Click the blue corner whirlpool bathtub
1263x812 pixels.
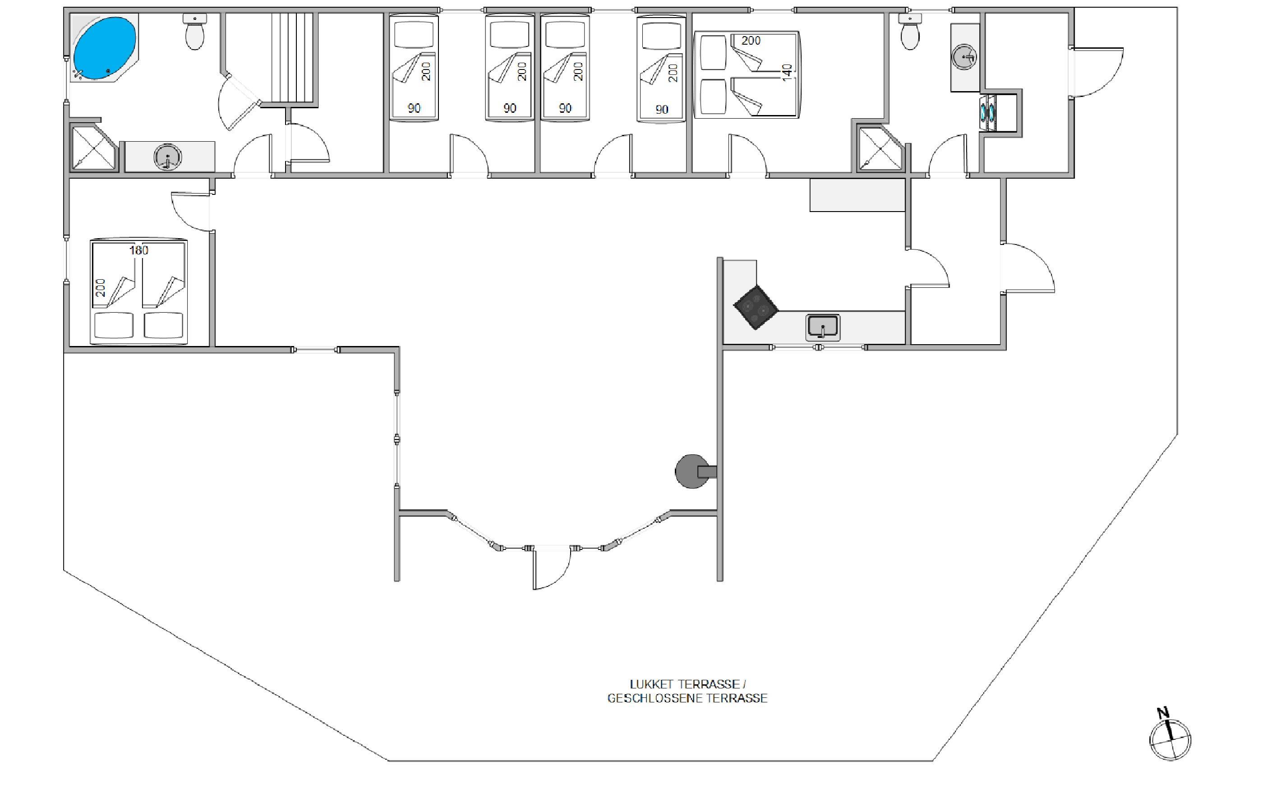104,49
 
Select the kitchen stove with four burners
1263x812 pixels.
756,307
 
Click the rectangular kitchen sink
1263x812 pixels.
822,327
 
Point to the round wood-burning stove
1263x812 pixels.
693,471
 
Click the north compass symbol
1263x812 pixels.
1170,739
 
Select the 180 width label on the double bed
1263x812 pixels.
139,250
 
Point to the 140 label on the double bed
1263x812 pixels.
787,72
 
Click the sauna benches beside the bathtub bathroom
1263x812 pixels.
293,58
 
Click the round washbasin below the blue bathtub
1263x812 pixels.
168,157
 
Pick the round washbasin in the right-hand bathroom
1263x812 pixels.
965,56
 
